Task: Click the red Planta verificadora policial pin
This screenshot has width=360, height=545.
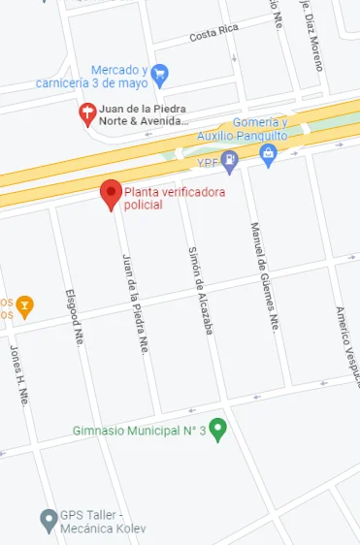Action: point(112,194)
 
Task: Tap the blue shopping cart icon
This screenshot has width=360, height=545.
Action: point(161,73)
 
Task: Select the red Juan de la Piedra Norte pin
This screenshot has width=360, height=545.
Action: point(87,113)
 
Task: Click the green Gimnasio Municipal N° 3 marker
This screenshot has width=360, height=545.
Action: point(218,428)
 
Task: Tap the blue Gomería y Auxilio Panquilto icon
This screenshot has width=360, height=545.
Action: point(269,152)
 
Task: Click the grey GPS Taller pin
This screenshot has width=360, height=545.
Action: point(48,519)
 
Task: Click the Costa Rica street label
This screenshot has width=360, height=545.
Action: point(213,33)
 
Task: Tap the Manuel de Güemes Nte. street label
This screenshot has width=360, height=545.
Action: point(264,275)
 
